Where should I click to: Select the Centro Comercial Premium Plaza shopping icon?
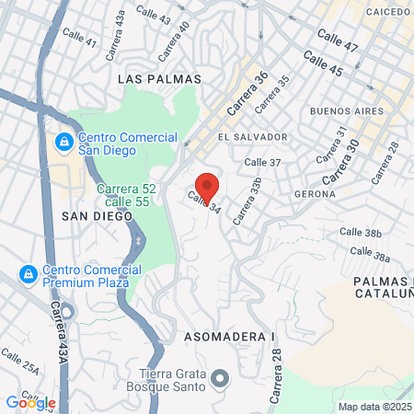pyautogui.click(x=28, y=274)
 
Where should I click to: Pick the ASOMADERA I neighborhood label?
pyautogui.click(x=230, y=337)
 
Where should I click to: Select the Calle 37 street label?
pyautogui.click(x=262, y=162)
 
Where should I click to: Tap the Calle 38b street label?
pyautogui.click(x=361, y=233)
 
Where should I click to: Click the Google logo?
pyautogui.click(x=30, y=402)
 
